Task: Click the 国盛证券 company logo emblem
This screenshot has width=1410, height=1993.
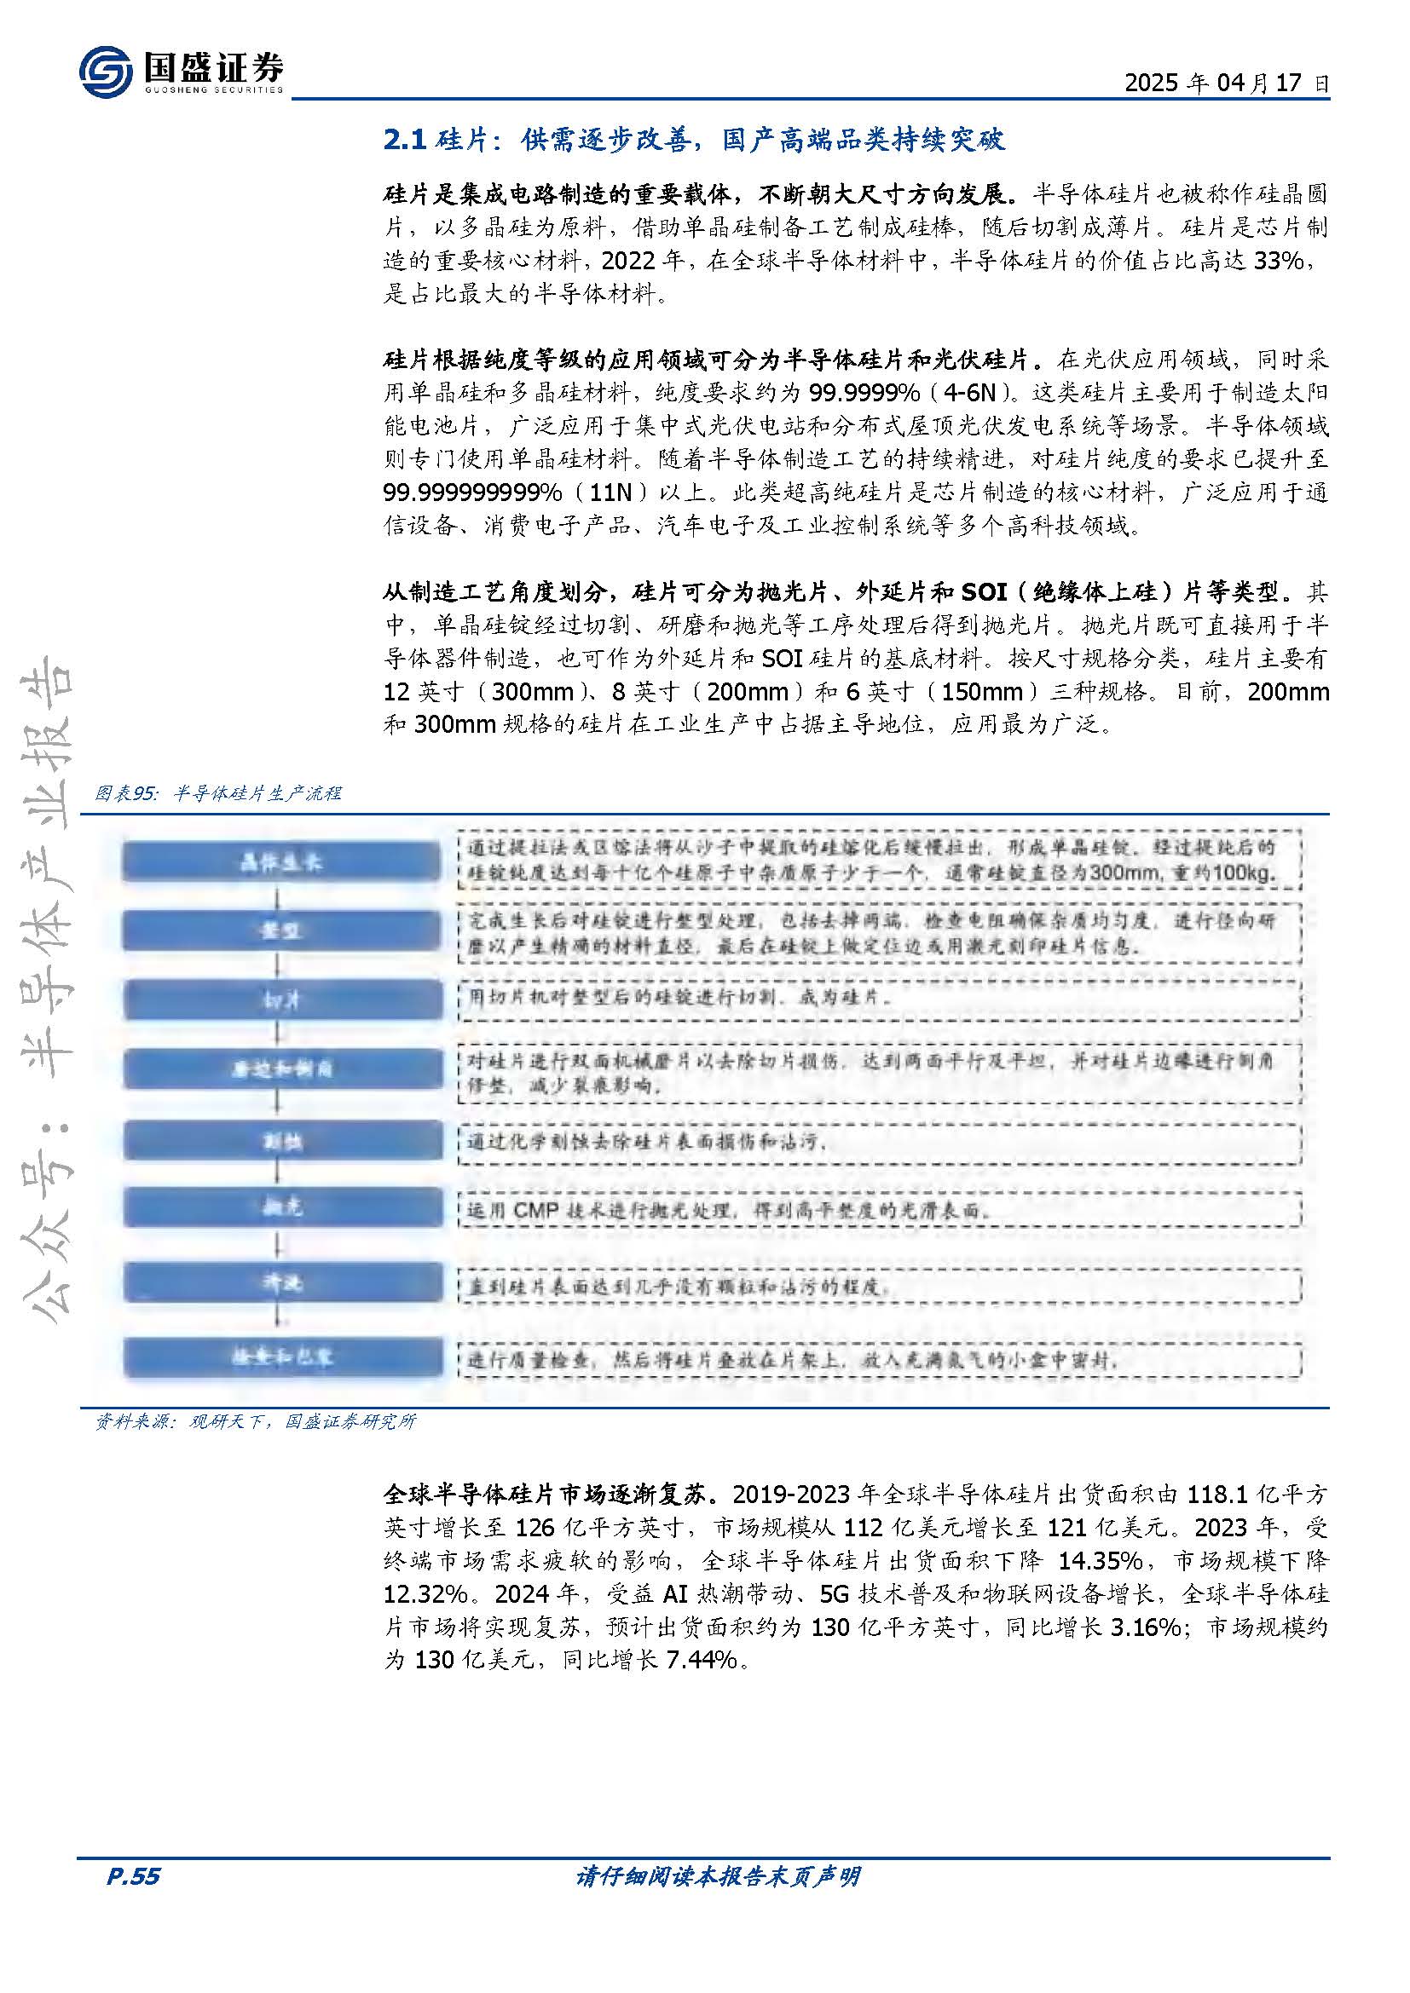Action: tap(105, 71)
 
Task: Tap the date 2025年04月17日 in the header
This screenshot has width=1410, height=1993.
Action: tap(1225, 84)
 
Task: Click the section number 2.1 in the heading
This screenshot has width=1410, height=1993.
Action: tap(406, 141)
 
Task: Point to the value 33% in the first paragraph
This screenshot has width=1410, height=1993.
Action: tap(1279, 261)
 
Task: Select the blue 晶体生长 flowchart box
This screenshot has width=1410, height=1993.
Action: tap(281, 863)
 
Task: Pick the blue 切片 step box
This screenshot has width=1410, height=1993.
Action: tap(281, 1001)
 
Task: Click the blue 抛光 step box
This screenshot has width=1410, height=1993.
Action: tap(281, 1207)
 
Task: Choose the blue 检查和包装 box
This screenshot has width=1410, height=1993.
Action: tap(281, 1358)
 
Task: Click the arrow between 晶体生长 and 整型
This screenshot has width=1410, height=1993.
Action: tap(278, 896)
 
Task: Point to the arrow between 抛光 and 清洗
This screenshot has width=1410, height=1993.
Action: tap(278, 1247)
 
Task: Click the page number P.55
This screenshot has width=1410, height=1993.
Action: tap(133, 1901)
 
